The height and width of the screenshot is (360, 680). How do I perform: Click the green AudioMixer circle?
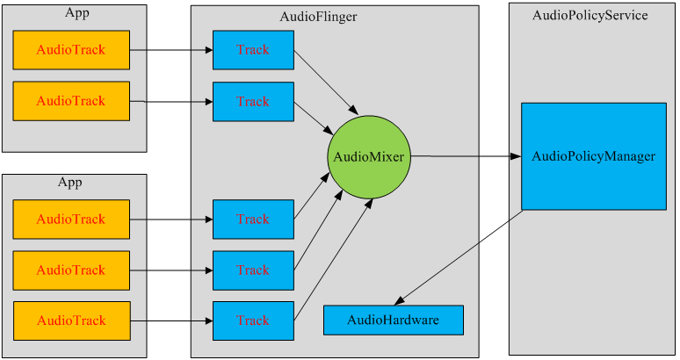(368, 157)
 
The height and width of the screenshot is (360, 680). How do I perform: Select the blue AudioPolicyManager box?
(593, 156)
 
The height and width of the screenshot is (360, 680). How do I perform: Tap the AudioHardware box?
(393, 320)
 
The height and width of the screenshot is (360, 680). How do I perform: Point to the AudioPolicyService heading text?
(590, 15)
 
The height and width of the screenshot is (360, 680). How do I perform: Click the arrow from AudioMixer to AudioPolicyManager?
(466, 157)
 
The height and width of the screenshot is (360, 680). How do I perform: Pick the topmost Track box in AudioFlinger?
(253, 50)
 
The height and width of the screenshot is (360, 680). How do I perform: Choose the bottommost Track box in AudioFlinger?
(253, 320)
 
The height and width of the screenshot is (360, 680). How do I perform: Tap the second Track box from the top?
(253, 101)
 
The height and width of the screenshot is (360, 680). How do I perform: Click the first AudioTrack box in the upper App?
(71, 50)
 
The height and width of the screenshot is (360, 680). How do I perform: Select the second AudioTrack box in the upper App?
(71, 101)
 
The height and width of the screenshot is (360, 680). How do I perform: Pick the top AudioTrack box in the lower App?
(71, 219)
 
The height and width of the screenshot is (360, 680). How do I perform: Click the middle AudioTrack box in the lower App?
(71, 270)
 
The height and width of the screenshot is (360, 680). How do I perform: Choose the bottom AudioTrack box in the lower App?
(71, 320)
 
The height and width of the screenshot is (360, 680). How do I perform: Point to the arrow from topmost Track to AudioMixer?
(325, 83)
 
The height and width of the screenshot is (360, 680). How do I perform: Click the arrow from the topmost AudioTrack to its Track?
(171, 50)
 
